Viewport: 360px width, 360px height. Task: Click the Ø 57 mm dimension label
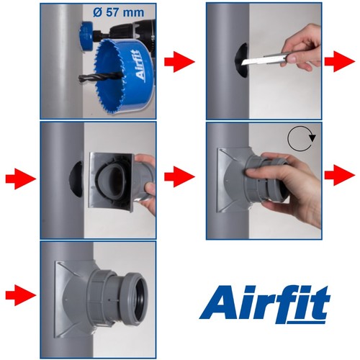coord(119,12)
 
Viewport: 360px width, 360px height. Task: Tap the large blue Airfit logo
coord(264,305)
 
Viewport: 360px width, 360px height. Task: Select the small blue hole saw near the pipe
coord(87,36)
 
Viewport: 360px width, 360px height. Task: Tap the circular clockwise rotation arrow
coord(302,138)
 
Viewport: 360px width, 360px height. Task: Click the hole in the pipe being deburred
coord(242,60)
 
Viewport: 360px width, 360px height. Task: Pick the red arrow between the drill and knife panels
coord(179,62)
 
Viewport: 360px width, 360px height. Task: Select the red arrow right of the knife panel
coord(340,61)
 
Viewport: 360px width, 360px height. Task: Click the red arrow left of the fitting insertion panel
coord(21,179)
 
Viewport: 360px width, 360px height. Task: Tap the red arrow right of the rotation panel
coord(340,176)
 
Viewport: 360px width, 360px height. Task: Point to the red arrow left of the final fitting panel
coord(21,295)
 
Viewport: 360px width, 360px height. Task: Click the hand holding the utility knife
coord(302,48)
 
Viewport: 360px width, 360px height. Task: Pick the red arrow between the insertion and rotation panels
coord(179,177)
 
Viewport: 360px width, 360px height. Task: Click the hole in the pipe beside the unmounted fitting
coord(76,179)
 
